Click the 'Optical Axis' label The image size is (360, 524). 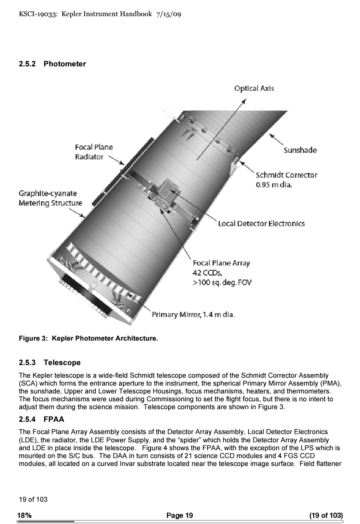[x=254, y=88]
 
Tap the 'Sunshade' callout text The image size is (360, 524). [x=300, y=150]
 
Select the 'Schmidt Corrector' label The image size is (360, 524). [x=287, y=175]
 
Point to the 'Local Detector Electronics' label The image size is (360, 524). [x=261, y=224]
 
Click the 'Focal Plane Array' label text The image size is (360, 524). [x=221, y=263]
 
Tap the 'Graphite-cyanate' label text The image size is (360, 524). [x=48, y=193]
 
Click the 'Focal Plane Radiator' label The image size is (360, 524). [x=93, y=152]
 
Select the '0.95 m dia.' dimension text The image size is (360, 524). [x=273, y=185]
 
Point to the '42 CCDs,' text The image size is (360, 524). [x=208, y=273]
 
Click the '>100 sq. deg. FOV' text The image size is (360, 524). [x=222, y=283]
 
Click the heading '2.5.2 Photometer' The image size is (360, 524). [x=52, y=64]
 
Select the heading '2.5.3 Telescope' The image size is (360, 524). [x=49, y=363]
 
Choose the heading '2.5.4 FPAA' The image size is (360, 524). [x=42, y=419]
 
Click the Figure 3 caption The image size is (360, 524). [x=88, y=338]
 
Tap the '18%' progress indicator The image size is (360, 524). [x=24, y=515]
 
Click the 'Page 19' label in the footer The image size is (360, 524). [x=179, y=515]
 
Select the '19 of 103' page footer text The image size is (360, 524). [x=33, y=499]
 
